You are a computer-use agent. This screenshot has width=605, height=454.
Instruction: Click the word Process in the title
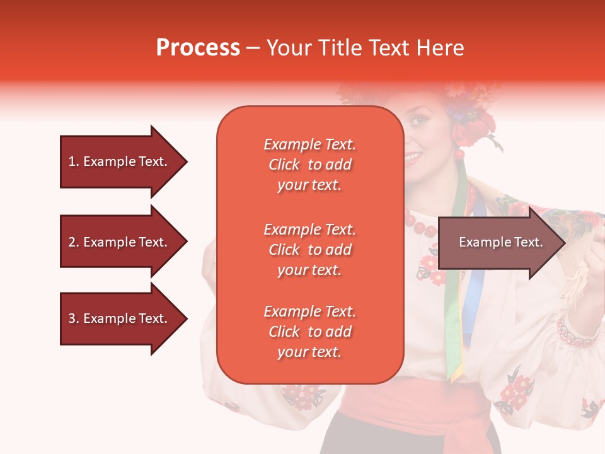click(198, 48)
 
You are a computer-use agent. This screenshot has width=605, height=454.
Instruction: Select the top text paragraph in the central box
click(309, 165)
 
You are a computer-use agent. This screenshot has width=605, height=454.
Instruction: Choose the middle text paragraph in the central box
click(309, 250)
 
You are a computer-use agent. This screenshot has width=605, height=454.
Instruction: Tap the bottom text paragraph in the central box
click(309, 332)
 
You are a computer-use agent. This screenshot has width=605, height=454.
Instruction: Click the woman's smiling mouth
click(413, 155)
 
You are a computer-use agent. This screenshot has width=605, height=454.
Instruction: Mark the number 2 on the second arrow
click(72, 242)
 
